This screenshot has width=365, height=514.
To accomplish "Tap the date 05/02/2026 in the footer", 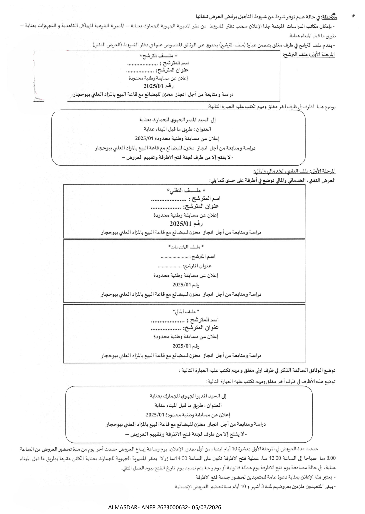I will click(x=206, y=507).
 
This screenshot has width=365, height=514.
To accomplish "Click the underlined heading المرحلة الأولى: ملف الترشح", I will click(x=309, y=55).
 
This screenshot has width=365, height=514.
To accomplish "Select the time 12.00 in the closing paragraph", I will click(x=275, y=458).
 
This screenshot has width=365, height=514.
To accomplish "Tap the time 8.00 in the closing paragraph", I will click(x=331, y=458).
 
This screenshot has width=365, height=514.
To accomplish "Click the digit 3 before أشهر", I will click(x=263, y=487).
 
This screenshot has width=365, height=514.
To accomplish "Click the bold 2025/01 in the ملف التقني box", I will click(x=178, y=224).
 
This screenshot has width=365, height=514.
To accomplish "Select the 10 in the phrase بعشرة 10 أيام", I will click(x=235, y=449).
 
